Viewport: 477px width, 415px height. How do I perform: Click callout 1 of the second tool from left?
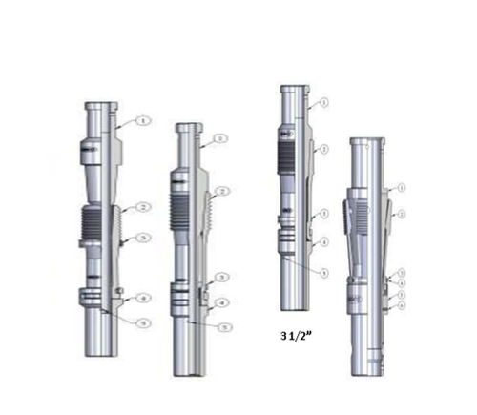click(221, 138)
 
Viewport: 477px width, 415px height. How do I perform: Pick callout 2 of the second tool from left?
click(221, 192)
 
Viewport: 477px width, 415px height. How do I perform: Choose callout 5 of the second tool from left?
click(221, 327)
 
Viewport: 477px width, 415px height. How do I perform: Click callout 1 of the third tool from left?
click(324, 102)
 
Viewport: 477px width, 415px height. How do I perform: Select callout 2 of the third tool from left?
click(324, 150)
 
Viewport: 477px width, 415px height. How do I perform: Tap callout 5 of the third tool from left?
click(324, 273)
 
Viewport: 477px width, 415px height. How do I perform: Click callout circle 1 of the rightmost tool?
click(402, 187)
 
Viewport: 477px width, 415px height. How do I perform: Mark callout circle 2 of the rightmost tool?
click(402, 213)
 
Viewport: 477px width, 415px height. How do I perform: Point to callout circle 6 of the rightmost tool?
click(402, 305)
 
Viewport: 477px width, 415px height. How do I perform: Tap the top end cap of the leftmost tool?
click(100, 106)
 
